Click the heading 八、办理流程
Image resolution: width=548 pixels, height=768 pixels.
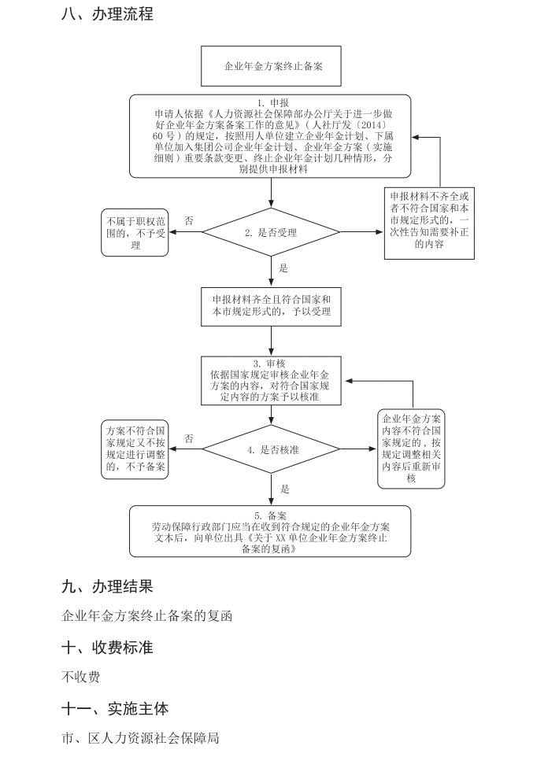pyautogui.click(x=107, y=14)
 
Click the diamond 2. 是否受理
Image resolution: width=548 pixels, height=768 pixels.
pyautogui.click(x=272, y=232)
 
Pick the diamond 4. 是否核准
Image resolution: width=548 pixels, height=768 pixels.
pyautogui.click(x=272, y=450)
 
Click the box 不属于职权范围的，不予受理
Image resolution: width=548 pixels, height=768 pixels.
pyautogui.click(x=135, y=233)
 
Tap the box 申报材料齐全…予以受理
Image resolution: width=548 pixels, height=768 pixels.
pyautogui.click(x=272, y=305)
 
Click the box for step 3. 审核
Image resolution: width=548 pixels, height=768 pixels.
pyautogui.click(x=272, y=381)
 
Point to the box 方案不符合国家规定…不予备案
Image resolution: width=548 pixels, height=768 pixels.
pyautogui.click(x=135, y=450)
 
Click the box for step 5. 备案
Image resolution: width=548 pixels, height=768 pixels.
pyautogui.click(x=272, y=530)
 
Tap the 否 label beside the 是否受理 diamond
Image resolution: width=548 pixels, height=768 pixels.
pyautogui.click(x=189, y=221)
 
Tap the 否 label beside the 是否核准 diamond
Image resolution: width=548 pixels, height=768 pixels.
pyautogui.click(x=189, y=439)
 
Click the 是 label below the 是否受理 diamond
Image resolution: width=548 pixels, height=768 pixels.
pyautogui.click(x=283, y=268)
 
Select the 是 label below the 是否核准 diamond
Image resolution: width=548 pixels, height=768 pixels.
pyautogui.click(x=284, y=489)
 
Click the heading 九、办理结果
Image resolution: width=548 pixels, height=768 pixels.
pyautogui.click(x=107, y=586)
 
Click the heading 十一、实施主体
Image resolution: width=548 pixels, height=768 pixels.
pyautogui.click(x=115, y=708)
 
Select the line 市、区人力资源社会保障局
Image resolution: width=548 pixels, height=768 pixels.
pyautogui.click(x=140, y=738)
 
